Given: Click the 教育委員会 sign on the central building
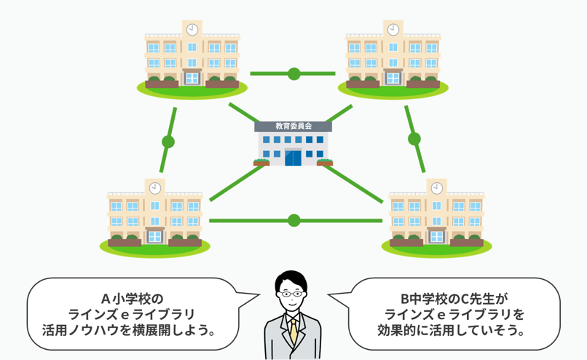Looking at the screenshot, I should tap(293, 126).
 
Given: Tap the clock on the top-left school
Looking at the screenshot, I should tap(192, 30).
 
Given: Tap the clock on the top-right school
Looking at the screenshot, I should tap(393, 30).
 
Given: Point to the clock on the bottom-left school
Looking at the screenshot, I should tap(155, 188).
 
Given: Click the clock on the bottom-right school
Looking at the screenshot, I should tap(436, 188).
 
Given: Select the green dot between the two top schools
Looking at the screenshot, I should tap(293, 74).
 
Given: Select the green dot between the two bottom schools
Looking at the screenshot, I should tap(294, 220).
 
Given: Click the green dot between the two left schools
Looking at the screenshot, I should tap(168, 142).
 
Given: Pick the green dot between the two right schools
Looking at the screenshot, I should tap(414, 138).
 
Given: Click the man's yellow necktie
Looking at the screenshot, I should tap(293, 331).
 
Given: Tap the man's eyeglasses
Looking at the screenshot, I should tap(292, 294).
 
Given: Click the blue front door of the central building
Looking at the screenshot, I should tap(293, 156).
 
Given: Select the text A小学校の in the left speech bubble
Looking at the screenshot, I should tap(133, 299).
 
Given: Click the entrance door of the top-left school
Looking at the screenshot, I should tap(192, 77).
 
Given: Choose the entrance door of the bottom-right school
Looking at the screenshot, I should tap(436, 235).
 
